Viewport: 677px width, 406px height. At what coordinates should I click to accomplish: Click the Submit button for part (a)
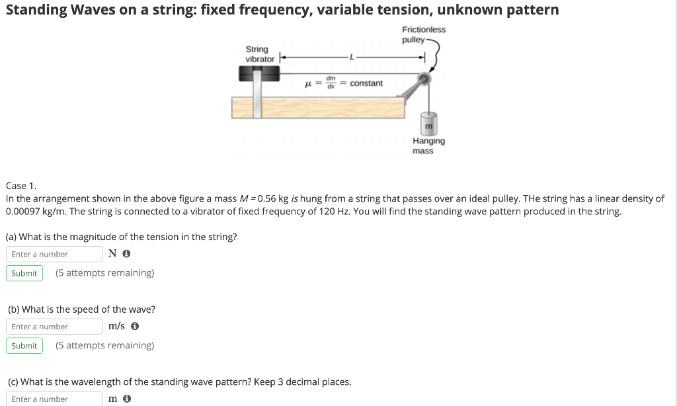[x=24, y=273]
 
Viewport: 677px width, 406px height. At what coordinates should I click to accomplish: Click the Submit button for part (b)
[x=24, y=346]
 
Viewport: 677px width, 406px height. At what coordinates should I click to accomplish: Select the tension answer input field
[x=54, y=254]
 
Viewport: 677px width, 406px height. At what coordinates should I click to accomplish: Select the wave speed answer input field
[x=54, y=327]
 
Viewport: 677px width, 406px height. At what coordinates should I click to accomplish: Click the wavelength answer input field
[x=54, y=399]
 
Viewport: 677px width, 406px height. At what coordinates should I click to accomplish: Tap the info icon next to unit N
[x=126, y=254]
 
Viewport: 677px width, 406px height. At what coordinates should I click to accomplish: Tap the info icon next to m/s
[x=135, y=327]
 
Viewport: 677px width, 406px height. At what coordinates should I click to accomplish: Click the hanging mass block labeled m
[x=428, y=124]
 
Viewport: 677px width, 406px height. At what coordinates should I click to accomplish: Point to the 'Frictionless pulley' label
[x=423, y=35]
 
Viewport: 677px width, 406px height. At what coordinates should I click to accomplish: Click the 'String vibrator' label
[x=259, y=54]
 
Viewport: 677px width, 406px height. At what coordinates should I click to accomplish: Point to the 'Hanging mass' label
[x=428, y=145]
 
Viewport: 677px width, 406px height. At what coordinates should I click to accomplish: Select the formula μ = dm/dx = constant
[x=343, y=83]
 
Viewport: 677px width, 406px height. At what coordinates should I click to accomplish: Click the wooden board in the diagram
[x=317, y=107]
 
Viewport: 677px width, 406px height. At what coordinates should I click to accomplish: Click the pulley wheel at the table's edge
[x=423, y=80]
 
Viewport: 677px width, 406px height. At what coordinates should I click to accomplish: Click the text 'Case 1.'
[x=21, y=186]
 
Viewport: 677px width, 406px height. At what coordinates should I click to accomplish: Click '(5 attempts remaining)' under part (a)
[x=104, y=273]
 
